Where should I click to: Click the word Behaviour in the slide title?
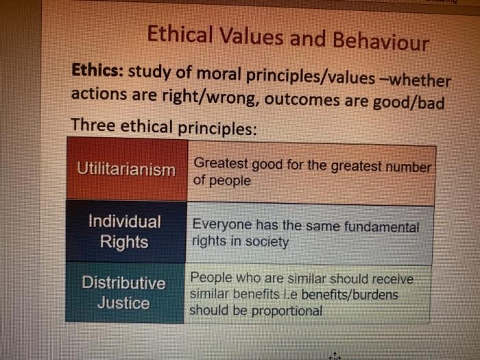pyautogui.click(x=381, y=41)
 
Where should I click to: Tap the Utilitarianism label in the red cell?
pyautogui.click(x=125, y=169)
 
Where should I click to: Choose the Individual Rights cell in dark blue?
pyautogui.click(x=125, y=232)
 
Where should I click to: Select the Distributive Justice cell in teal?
pyautogui.click(x=124, y=293)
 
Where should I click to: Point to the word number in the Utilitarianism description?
pyautogui.click(x=409, y=167)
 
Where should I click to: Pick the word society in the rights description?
pyautogui.click(x=267, y=242)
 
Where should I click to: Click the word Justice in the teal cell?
pyautogui.click(x=123, y=303)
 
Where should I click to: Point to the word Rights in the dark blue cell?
pyautogui.click(x=124, y=241)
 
